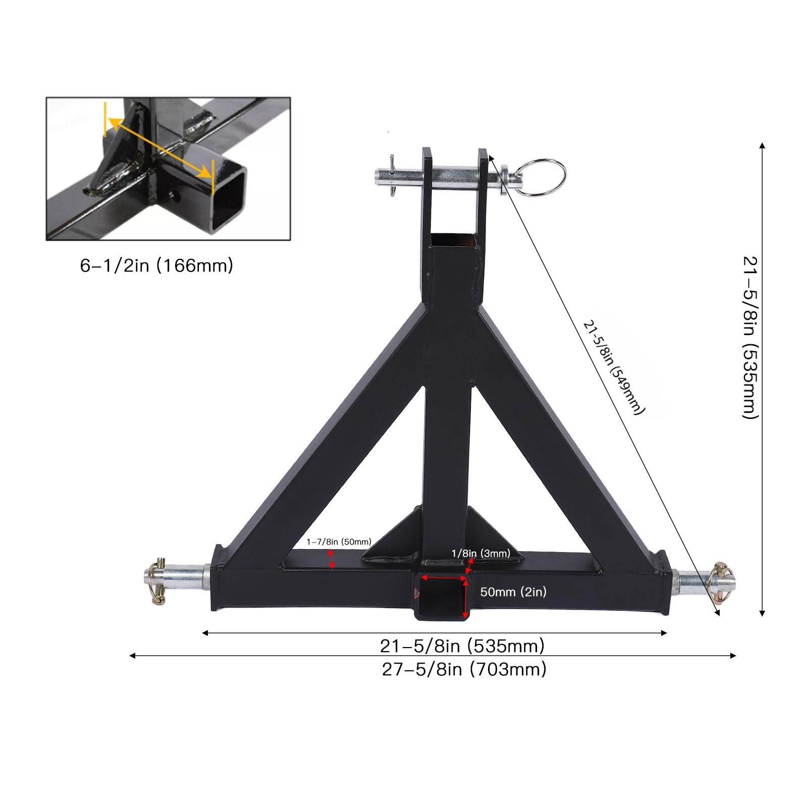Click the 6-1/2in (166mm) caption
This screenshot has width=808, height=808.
pos(156,265)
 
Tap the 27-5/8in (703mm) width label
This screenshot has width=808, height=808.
pos(464,669)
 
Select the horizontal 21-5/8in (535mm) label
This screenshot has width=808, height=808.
pos(462,645)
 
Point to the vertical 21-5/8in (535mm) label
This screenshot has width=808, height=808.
pos(750,337)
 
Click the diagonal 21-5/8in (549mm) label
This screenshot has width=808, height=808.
pos(614,367)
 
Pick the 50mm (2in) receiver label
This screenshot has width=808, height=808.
pos(513,591)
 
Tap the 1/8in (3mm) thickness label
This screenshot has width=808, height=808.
pos(480,553)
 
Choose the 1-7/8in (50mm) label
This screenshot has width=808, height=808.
pos(339,542)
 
